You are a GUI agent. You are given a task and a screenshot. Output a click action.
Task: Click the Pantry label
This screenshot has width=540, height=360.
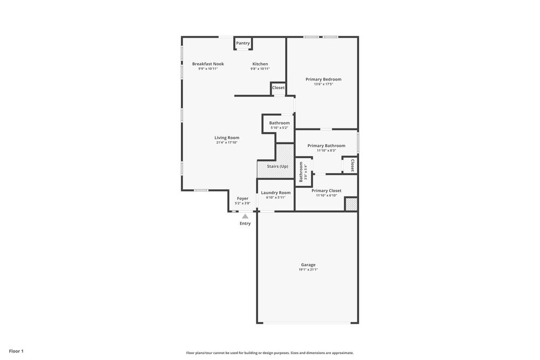[243, 43]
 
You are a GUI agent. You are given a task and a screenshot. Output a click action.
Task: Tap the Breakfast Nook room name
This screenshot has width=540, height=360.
[208, 64]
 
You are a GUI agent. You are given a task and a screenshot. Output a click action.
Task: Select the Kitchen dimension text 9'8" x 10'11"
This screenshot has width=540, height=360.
[260, 69]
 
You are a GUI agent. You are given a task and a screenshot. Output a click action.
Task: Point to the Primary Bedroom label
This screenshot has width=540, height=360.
[323, 79]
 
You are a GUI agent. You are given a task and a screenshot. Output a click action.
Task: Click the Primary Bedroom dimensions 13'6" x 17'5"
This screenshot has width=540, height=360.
[323, 84]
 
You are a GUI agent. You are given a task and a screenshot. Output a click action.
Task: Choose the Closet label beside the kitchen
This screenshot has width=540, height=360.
[278, 87]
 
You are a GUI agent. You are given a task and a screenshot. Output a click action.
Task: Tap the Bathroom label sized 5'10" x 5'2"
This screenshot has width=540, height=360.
[279, 123]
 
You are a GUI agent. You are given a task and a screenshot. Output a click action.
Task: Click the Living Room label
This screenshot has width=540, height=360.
[227, 138]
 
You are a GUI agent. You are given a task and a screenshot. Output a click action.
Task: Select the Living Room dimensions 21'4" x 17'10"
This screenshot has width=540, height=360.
[227, 142]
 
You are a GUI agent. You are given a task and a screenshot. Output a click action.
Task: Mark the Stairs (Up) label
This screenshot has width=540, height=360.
[278, 166]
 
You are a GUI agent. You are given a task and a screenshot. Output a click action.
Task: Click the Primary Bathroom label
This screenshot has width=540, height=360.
[326, 146]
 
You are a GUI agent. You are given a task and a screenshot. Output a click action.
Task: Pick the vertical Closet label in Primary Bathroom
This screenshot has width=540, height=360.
[353, 165]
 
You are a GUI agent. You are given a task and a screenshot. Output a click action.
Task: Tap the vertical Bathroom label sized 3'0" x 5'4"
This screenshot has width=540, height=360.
[301, 172]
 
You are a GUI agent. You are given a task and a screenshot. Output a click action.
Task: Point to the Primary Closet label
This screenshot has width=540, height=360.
[326, 191]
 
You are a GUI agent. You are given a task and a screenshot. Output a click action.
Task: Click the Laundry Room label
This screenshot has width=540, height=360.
[275, 193]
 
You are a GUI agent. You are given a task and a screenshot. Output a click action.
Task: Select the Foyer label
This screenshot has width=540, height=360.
[242, 199]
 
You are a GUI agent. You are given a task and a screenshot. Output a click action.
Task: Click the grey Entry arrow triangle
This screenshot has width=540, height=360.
[245, 216]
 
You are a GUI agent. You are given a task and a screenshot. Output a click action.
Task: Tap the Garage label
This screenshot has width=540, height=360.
[308, 265]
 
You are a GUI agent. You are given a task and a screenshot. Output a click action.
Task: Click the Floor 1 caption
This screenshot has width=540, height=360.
[16, 351]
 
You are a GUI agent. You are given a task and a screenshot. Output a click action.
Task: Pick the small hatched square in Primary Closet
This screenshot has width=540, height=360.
[351, 205]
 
